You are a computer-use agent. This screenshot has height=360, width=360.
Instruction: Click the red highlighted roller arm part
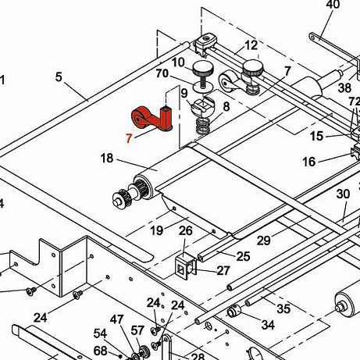tap(152, 119)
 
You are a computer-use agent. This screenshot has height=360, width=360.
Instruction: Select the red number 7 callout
tap(129, 138)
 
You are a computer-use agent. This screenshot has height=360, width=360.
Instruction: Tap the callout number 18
tap(107, 159)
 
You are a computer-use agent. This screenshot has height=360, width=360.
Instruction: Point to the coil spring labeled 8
tap(203, 126)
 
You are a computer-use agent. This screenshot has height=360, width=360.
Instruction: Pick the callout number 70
tap(162, 73)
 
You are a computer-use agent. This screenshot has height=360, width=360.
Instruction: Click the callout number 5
tap(59, 77)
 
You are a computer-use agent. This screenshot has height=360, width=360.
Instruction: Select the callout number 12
tap(251, 45)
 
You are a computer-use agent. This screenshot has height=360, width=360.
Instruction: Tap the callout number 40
tap(333, 5)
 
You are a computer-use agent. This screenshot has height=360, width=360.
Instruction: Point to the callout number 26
tap(185, 231)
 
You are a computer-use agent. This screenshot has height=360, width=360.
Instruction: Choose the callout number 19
tap(157, 230)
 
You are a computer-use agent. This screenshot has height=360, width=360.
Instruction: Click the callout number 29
tap(264, 241)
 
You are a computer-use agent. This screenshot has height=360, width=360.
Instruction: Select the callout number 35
tap(283, 309)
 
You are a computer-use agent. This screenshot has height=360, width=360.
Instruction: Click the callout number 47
tap(116, 319)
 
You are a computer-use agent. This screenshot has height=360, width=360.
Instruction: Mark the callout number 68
tap(100, 351)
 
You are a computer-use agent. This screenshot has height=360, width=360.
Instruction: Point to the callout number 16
tap(309, 162)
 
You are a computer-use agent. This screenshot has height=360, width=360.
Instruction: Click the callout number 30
tap(343, 194)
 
